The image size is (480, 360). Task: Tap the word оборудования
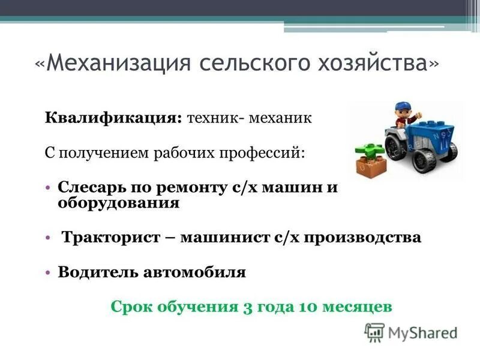pos(119,203)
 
